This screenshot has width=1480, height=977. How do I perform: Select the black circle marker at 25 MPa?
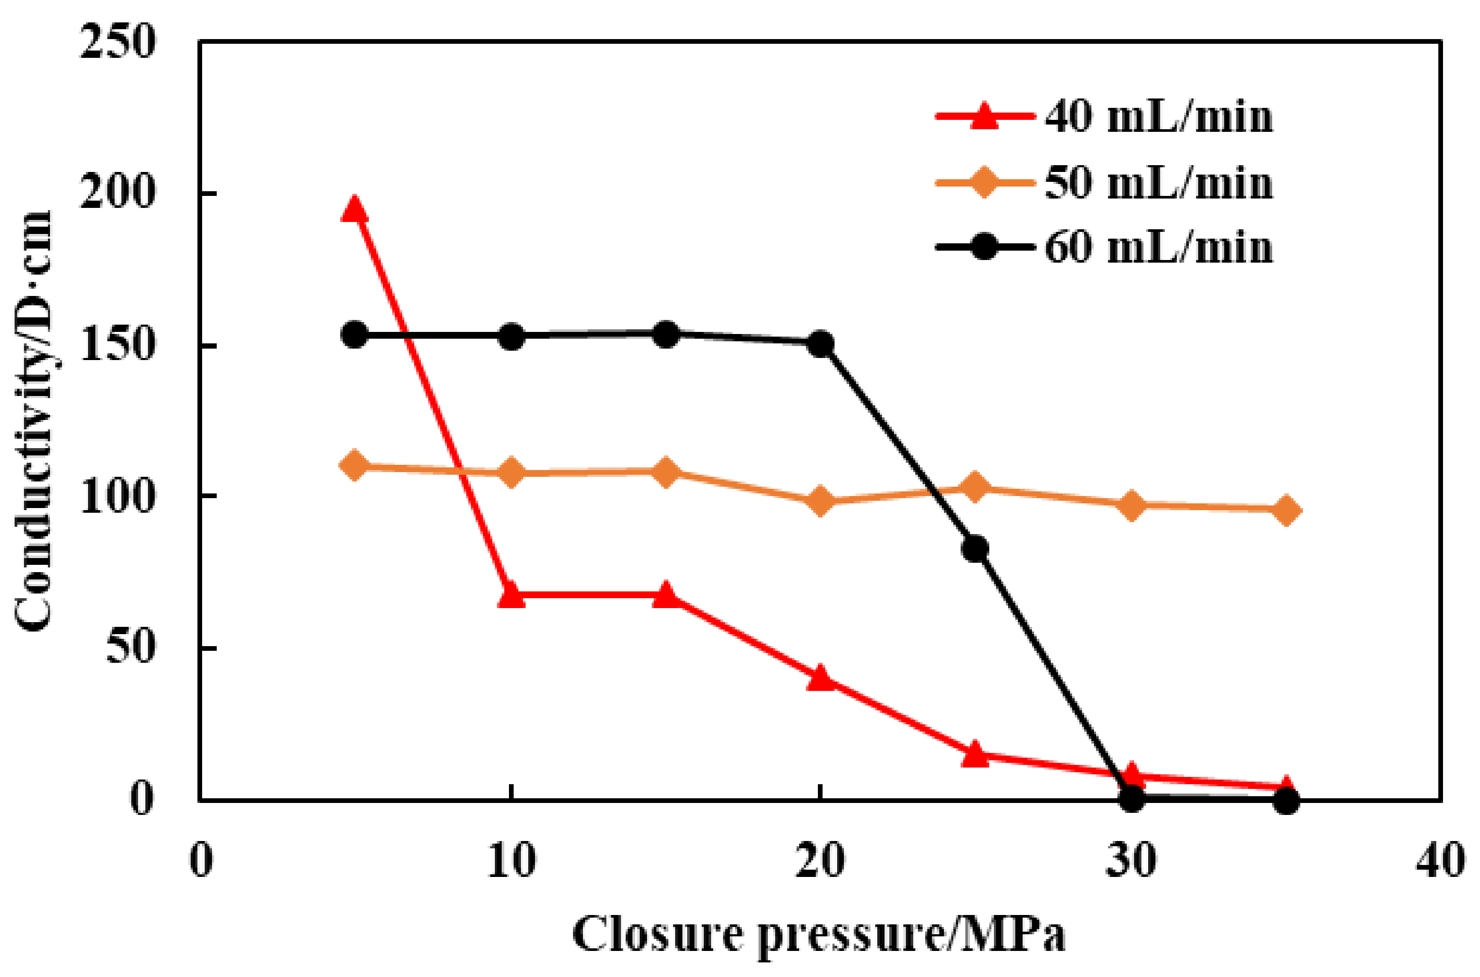click(x=975, y=548)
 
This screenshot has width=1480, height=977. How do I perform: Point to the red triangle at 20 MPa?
click(x=820, y=677)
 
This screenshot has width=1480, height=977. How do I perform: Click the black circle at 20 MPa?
click(x=820, y=343)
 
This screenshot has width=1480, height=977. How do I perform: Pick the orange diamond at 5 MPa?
click(x=354, y=465)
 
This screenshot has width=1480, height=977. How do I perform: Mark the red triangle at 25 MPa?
click(x=975, y=754)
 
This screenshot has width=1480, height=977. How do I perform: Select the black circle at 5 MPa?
click(x=354, y=335)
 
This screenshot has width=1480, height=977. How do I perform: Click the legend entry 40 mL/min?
click(x=1159, y=117)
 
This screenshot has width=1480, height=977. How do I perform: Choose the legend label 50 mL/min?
click(x=1159, y=183)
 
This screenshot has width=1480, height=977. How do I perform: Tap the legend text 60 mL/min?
click(x=1159, y=248)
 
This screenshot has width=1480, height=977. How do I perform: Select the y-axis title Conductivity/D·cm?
click(x=34, y=421)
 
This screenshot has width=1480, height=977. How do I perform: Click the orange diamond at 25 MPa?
click(x=975, y=487)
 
